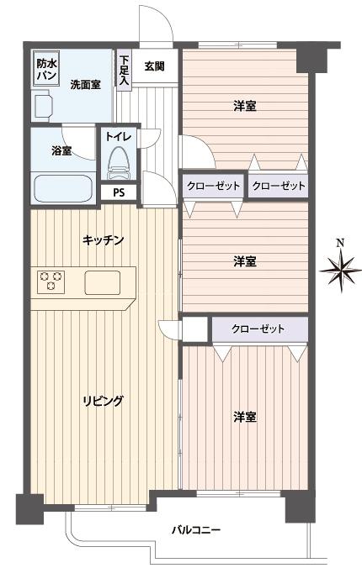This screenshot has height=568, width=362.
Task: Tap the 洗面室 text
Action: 86,85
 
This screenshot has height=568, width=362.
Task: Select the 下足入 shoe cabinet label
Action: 124,70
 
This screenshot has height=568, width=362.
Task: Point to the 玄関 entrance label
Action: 153,66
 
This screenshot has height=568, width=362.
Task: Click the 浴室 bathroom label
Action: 61,151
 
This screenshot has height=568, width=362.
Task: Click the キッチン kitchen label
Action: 104,241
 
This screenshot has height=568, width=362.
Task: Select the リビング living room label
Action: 104,401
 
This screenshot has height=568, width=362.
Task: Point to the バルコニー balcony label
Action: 196,530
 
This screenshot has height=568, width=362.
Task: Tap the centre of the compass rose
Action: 339,271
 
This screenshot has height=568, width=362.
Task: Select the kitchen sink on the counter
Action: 104,282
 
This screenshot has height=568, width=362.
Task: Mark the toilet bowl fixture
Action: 118,161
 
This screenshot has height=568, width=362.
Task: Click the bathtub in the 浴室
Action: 63,187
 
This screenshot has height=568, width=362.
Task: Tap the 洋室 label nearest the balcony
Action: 245,417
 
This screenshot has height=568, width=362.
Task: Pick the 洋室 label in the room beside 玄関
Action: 245,106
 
